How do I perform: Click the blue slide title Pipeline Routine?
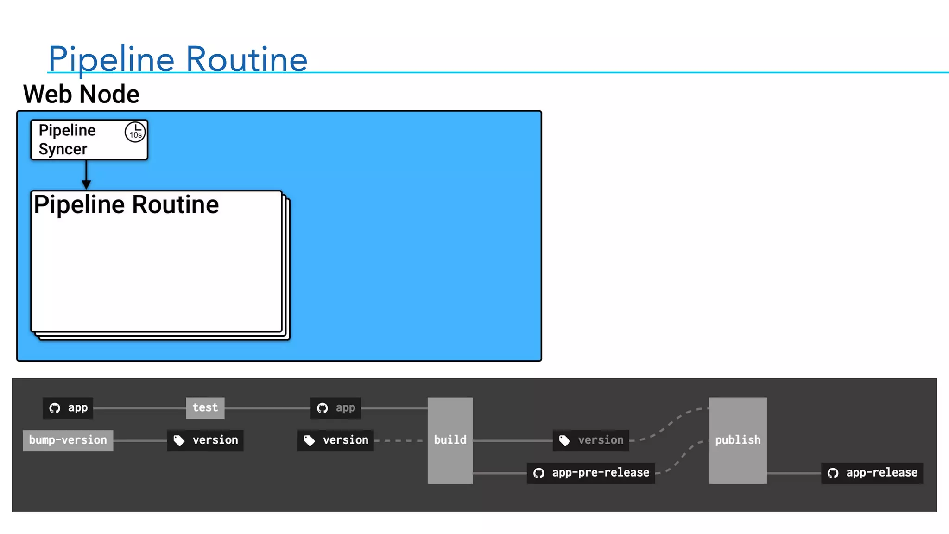tap(177, 59)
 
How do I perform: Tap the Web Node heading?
tap(81, 94)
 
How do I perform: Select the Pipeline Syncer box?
tap(89, 140)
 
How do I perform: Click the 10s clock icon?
tap(135, 133)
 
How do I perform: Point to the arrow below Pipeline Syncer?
tap(86, 175)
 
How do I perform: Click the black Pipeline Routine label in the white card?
tap(126, 204)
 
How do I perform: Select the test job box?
tap(205, 408)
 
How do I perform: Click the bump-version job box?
tap(68, 440)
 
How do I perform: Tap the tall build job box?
tap(450, 440)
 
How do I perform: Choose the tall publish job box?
tap(738, 440)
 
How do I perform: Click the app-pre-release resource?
tap(591, 473)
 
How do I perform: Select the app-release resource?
tap(872, 473)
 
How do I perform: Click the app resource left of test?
tap(68, 408)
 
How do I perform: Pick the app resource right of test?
tap(335, 408)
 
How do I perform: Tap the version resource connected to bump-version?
tap(205, 440)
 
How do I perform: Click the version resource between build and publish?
tap(591, 440)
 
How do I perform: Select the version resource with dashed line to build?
tap(335, 440)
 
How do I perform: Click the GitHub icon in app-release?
tap(833, 473)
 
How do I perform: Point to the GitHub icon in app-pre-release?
tap(538, 473)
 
